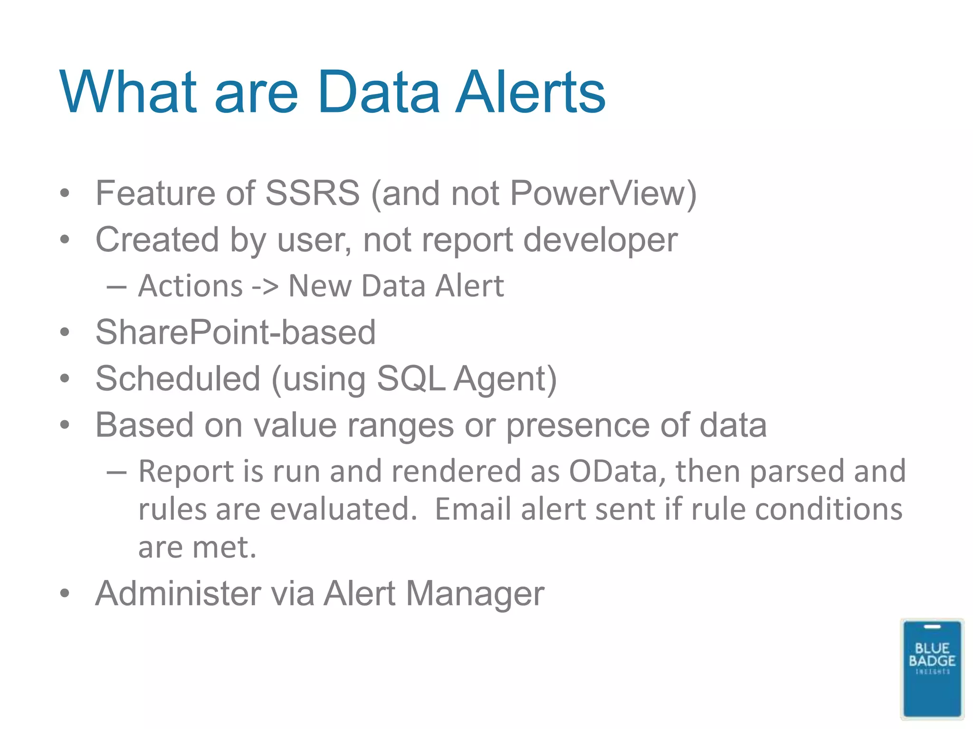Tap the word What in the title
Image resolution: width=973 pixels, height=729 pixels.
(127, 92)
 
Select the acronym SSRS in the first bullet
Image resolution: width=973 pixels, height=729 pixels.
(312, 193)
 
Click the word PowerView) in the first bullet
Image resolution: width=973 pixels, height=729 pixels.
(603, 193)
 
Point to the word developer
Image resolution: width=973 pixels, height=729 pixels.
(600, 240)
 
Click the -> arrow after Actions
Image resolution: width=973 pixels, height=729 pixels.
(265, 286)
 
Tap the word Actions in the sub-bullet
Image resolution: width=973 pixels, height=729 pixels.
(191, 286)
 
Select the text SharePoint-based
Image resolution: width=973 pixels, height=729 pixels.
(236, 332)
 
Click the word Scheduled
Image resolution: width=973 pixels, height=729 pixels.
(178, 378)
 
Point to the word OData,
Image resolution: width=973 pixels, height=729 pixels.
(618, 471)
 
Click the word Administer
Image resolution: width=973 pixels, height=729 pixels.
(177, 593)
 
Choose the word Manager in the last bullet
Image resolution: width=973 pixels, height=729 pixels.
(475, 593)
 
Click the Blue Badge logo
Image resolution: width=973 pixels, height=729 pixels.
(932, 668)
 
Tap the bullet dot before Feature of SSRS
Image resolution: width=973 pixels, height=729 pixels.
(65, 193)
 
